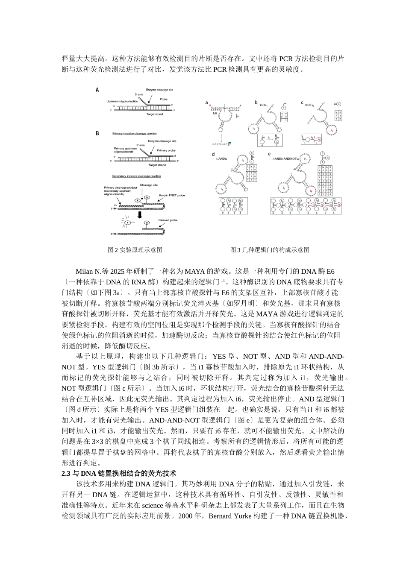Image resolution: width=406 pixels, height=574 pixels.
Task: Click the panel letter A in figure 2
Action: (x=97, y=90)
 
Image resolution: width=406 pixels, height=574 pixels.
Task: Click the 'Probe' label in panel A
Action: (x=164, y=99)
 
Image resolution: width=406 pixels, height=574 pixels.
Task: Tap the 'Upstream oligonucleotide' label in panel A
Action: (x=123, y=101)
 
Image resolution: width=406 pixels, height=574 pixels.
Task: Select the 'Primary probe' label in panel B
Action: (x=165, y=150)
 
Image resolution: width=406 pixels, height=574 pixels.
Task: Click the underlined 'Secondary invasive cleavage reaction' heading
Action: (x=136, y=176)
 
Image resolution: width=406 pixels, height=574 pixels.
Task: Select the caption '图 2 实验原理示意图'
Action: (x=135, y=250)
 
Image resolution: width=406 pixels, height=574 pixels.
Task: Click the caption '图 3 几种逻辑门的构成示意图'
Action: (x=270, y=250)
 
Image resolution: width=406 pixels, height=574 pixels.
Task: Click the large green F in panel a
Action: (x=230, y=144)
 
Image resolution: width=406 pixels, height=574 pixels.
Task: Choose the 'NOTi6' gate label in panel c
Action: (x=310, y=104)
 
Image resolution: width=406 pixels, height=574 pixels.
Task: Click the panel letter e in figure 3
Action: (x=269, y=154)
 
